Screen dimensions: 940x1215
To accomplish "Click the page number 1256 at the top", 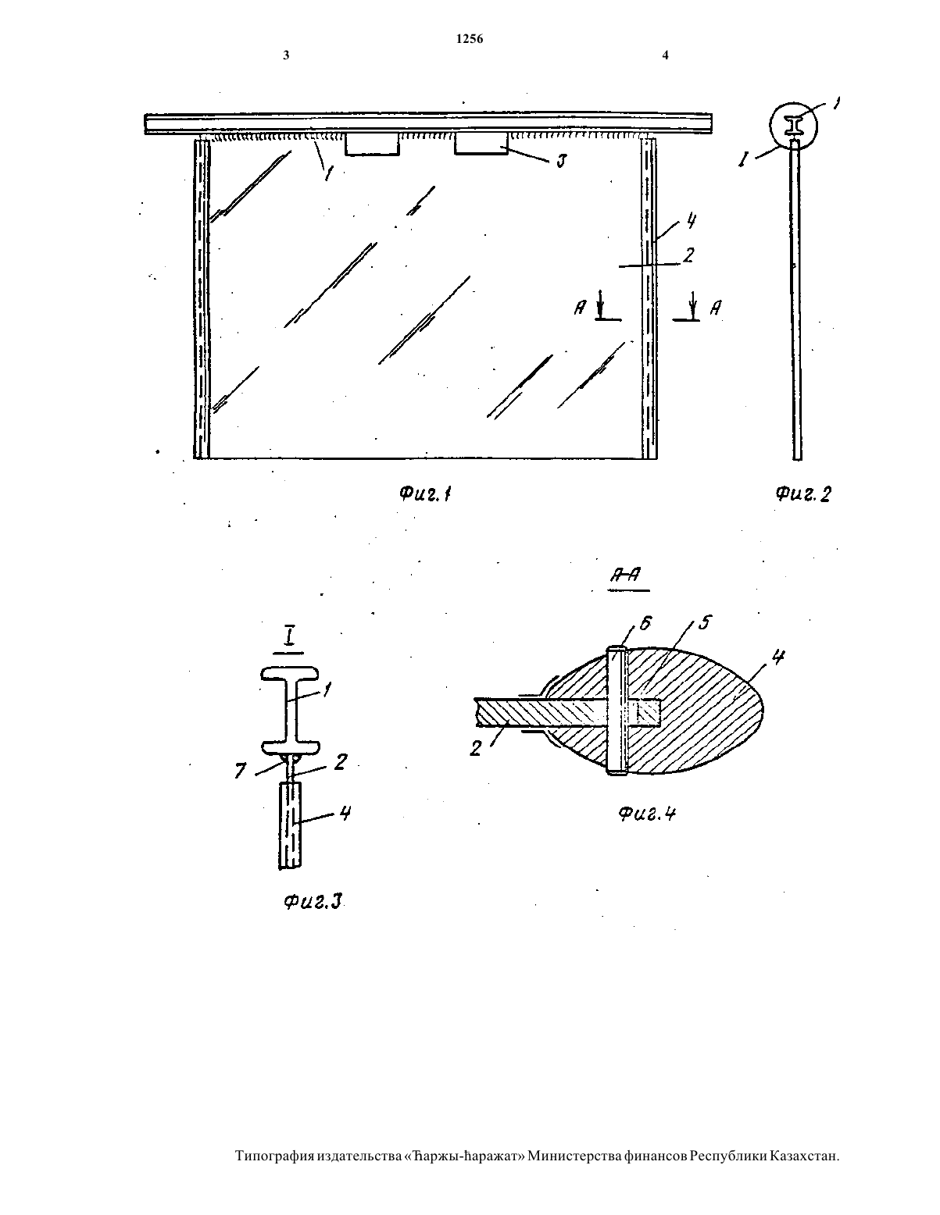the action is pyautogui.click(x=470, y=39).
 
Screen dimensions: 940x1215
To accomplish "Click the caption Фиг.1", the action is pyautogui.click(x=425, y=493).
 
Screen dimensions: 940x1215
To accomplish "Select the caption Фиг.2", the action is pyautogui.click(x=803, y=493).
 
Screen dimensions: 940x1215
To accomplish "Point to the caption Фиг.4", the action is pyautogui.click(x=647, y=814).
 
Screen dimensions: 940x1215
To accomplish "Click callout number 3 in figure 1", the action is pyautogui.click(x=561, y=161).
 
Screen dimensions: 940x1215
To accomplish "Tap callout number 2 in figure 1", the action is pyautogui.click(x=688, y=255).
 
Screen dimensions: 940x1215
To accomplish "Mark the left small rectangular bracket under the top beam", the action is pyautogui.click(x=372, y=144).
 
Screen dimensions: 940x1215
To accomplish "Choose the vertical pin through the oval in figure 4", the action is pyautogui.click(x=617, y=711).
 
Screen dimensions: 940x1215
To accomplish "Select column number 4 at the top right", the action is pyautogui.click(x=665, y=55).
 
